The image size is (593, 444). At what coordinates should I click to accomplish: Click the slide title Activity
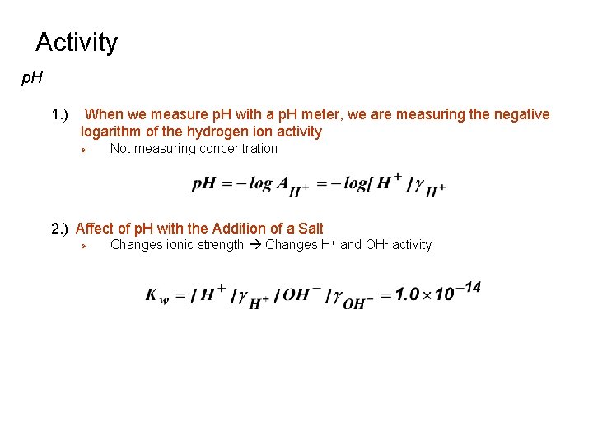pyautogui.click(x=77, y=42)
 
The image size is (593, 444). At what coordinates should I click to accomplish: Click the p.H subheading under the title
pyautogui.click(x=32, y=79)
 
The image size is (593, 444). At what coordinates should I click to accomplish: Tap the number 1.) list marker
pyautogui.click(x=61, y=114)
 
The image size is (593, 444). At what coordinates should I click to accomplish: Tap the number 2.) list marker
pyautogui.click(x=61, y=229)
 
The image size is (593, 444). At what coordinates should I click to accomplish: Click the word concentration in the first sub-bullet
pyautogui.click(x=238, y=149)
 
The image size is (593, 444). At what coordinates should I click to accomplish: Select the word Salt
pyautogui.click(x=309, y=229)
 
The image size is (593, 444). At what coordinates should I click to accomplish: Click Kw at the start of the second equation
pyautogui.click(x=156, y=296)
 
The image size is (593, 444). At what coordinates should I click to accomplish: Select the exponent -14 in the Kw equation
pyautogui.click(x=470, y=287)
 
